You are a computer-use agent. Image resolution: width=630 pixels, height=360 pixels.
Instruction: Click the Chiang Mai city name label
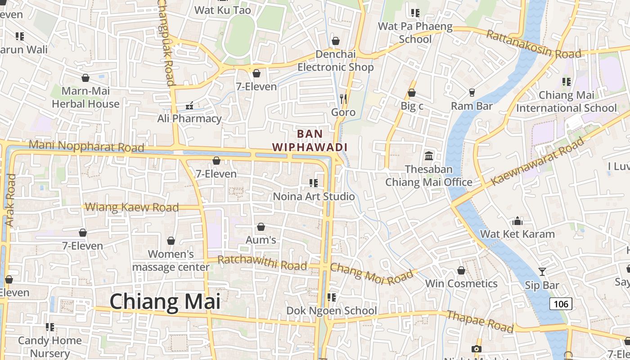click(165, 301)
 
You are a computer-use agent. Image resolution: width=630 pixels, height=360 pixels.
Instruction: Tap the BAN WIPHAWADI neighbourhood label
click(310, 140)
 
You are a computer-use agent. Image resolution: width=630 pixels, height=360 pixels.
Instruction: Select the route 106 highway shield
click(561, 304)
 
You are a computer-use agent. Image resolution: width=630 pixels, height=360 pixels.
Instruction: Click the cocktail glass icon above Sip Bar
click(542, 271)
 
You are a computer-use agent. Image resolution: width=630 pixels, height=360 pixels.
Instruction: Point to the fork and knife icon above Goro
click(343, 99)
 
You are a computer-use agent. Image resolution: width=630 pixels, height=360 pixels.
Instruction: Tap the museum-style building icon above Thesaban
click(429, 156)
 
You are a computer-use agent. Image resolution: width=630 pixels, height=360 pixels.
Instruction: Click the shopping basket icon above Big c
click(411, 93)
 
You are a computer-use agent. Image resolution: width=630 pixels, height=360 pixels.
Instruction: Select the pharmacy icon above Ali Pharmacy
click(189, 106)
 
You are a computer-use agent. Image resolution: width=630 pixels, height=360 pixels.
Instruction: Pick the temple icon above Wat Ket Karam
click(517, 221)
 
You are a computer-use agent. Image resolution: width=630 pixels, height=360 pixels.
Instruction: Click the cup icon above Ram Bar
click(472, 92)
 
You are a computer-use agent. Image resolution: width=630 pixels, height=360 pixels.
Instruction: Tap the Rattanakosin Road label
click(534, 45)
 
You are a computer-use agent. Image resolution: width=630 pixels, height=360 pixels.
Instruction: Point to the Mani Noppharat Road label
click(86, 146)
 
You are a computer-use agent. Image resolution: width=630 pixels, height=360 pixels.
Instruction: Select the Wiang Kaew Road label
click(132, 207)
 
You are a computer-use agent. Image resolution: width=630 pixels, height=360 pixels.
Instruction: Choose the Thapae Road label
click(479, 321)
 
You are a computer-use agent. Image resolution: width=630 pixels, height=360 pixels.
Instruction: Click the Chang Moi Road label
click(372, 273)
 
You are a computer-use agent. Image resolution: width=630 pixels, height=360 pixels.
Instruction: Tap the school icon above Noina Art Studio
click(314, 183)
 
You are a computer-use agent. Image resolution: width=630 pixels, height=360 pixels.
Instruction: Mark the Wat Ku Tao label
click(222, 10)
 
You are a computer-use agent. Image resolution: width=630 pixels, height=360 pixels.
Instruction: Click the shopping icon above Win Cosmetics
click(461, 270)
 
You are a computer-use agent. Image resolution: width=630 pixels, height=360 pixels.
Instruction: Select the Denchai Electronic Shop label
click(336, 61)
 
